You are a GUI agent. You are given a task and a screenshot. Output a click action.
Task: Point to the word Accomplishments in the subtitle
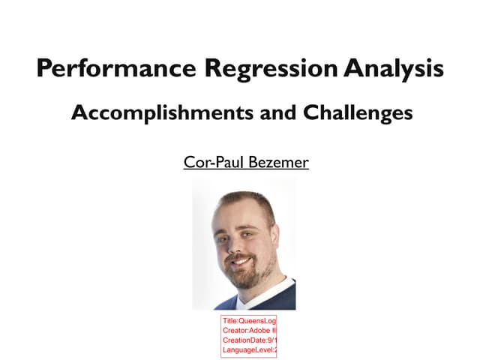pyautogui.click(x=156, y=113)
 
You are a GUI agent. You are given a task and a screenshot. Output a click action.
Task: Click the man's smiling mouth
pyautogui.click(x=239, y=261)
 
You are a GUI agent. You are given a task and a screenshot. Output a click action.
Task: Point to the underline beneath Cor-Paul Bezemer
pyautogui.click(x=246, y=169)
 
